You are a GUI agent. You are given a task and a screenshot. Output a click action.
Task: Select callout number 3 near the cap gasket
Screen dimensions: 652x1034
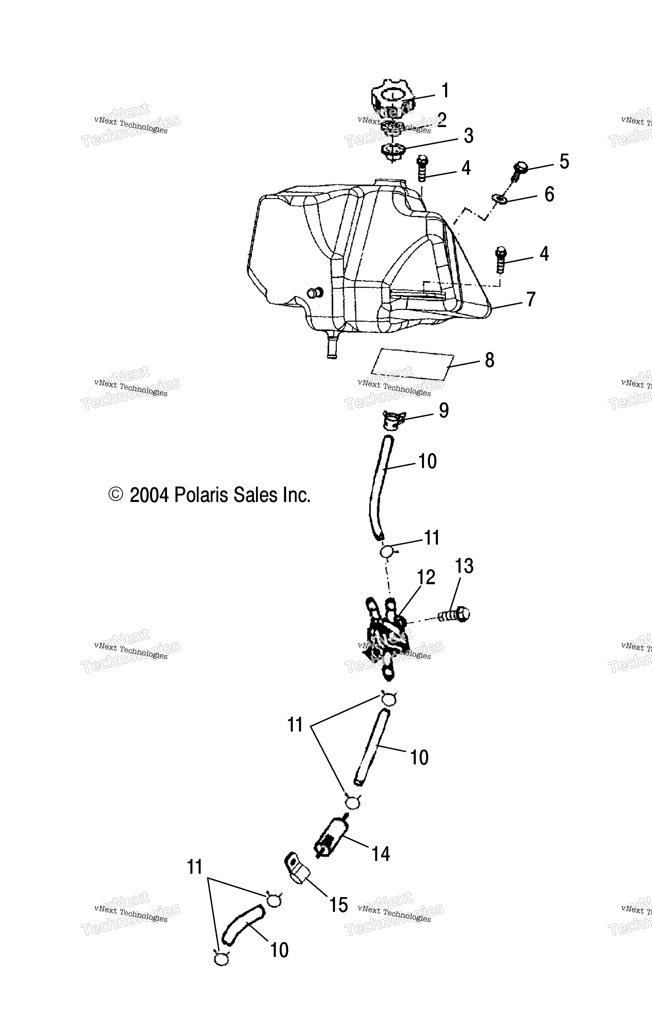point(468,136)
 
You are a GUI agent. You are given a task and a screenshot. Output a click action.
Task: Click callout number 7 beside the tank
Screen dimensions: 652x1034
point(531,299)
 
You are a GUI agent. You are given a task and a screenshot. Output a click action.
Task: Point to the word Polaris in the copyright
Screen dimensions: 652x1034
point(202,495)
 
